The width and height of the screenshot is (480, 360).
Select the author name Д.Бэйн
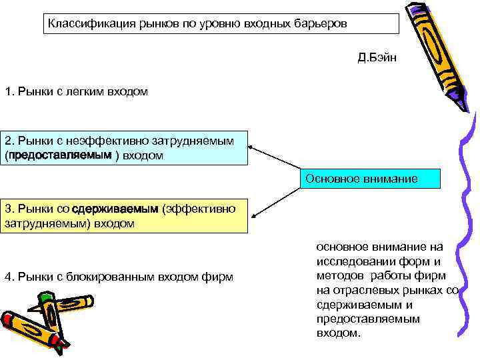click(377, 57)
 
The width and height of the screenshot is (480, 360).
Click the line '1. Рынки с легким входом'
click(76, 91)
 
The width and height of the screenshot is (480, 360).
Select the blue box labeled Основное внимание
click(371, 179)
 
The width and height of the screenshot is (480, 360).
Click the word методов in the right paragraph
click(340, 276)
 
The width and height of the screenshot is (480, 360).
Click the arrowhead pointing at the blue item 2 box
click(251, 147)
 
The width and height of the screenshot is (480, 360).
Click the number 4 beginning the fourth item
click(7, 277)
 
